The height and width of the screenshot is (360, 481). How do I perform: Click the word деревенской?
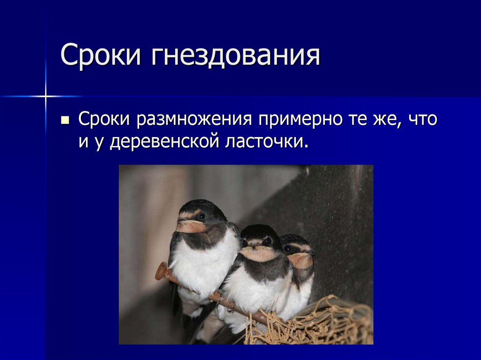(164, 140)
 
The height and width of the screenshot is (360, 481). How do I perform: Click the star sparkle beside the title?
(46, 97)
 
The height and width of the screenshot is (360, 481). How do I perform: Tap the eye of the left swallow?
(201, 216)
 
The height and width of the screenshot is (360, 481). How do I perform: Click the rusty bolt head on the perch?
(162, 272)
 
